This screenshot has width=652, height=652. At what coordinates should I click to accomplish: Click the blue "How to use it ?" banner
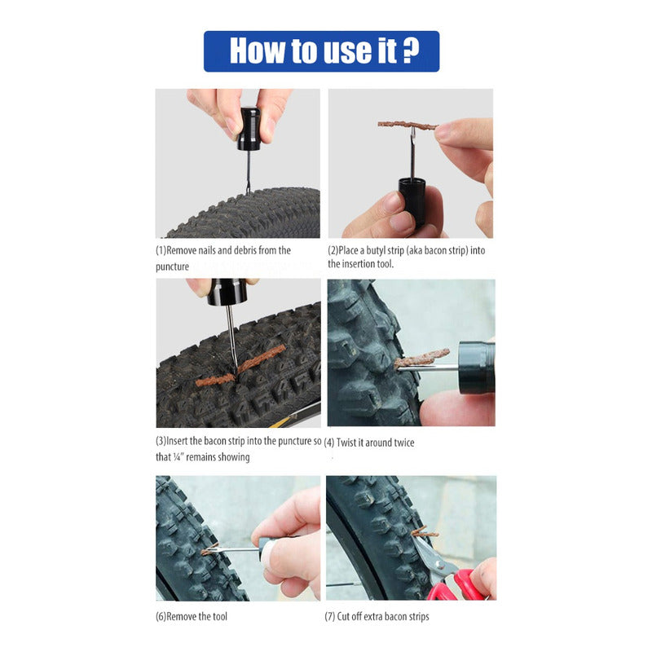[321, 51]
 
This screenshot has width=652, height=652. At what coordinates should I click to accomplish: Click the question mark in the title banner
[412, 51]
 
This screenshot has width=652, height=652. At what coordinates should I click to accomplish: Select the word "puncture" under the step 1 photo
[172, 267]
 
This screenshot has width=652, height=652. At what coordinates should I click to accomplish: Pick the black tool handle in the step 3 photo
[227, 292]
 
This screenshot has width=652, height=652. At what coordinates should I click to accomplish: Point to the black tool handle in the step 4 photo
[477, 368]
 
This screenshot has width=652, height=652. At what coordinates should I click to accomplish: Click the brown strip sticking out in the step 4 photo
[421, 358]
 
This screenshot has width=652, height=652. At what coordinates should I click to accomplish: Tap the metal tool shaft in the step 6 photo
[233, 549]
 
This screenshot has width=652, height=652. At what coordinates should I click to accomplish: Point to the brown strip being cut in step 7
[425, 532]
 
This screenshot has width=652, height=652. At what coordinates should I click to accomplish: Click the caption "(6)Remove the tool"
[192, 616]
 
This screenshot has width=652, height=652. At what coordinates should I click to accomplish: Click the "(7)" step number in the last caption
[330, 616]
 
